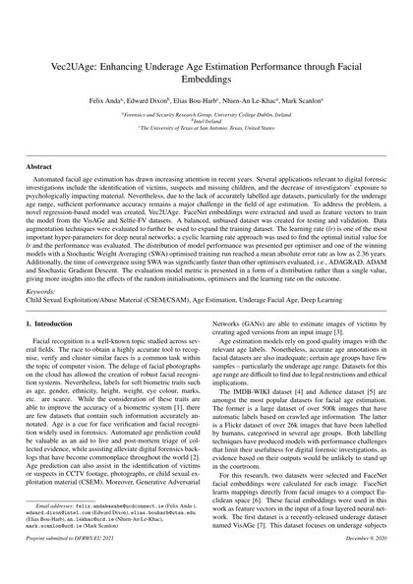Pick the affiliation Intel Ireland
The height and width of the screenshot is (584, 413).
(x=206, y=123)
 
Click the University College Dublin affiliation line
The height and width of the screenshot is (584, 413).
(x=206, y=115)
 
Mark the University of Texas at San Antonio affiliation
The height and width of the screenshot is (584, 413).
(x=206, y=131)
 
